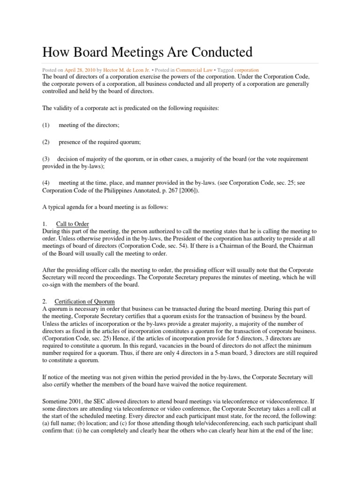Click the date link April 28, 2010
click(x=79, y=70)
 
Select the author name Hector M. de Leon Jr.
click(x=123, y=70)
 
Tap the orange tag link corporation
click(x=246, y=70)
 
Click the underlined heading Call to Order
click(x=72, y=224)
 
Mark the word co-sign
click(x=53, y=284)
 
